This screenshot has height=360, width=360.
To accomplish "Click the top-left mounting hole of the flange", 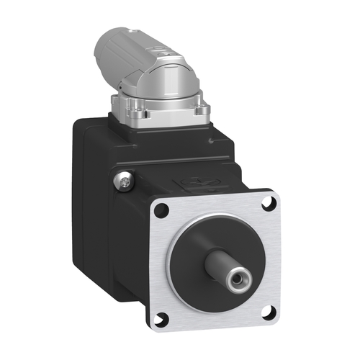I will [161, 210].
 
